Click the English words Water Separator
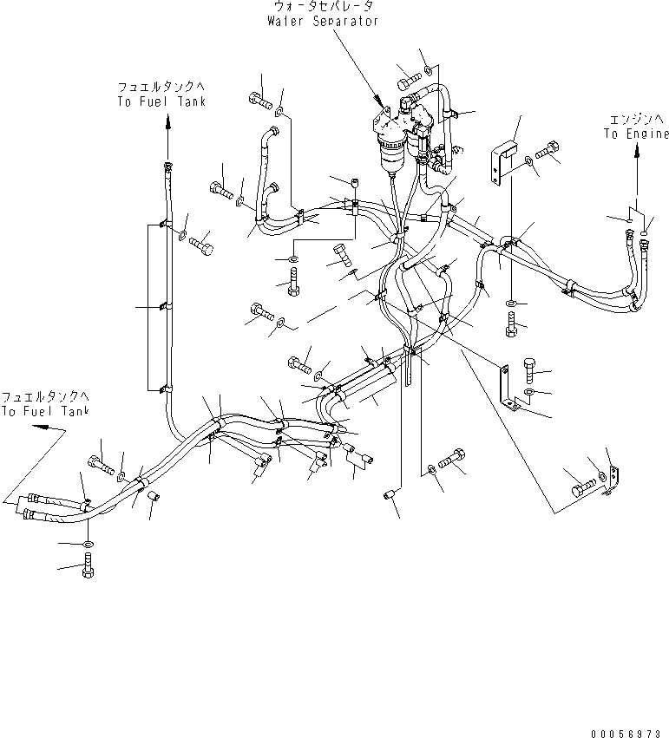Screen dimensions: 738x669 coord(322,21)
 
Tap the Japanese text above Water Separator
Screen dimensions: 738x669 coord(322,7)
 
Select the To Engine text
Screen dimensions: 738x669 coord(637,134)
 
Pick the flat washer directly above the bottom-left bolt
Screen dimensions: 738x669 coord(87,544)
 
